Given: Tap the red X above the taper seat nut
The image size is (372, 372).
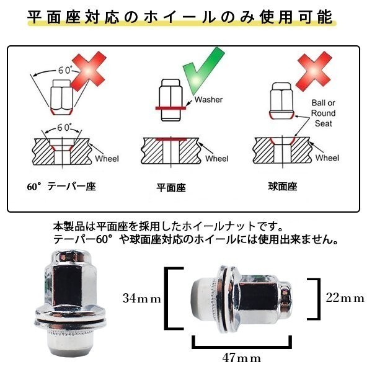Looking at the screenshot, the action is pyautogui.click(x=88, y=72).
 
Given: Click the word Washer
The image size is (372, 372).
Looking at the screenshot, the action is pyautogui.click(x=208, y=100).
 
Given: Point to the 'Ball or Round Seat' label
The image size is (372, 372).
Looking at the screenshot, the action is pyautogui.click(x=324, y=113).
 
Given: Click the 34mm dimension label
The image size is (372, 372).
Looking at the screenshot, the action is pyautogui.click(x=142, y=298).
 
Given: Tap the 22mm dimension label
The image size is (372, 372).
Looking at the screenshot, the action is pyautogui.click(x=345, y=298).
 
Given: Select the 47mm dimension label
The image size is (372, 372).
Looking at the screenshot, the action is pyautogui.click(x=242, y=358).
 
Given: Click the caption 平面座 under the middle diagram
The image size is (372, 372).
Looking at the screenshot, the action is pyautogui.click(x=171, y=188).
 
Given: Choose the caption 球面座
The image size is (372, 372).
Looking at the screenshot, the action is pyautogui.click(x=283, y=187).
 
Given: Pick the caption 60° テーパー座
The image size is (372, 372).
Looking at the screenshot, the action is pyautogui.click(x=61, y=187).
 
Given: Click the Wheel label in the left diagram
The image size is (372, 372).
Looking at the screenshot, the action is pyautogui.click(x=107, y=159).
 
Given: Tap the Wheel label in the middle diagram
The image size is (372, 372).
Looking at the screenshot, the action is pyautogui.click(x=217, y=159).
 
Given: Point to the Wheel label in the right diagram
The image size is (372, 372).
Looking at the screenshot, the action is pyautogui.click(x=327, y=157).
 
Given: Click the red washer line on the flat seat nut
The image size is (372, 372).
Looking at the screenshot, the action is pyautogui.click(x=170, y=108).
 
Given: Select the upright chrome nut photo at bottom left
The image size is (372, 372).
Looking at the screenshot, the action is pyautogui.click(x=71, y=301).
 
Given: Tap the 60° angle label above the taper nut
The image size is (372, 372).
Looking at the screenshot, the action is pyautogui.click(x=65, y=70).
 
